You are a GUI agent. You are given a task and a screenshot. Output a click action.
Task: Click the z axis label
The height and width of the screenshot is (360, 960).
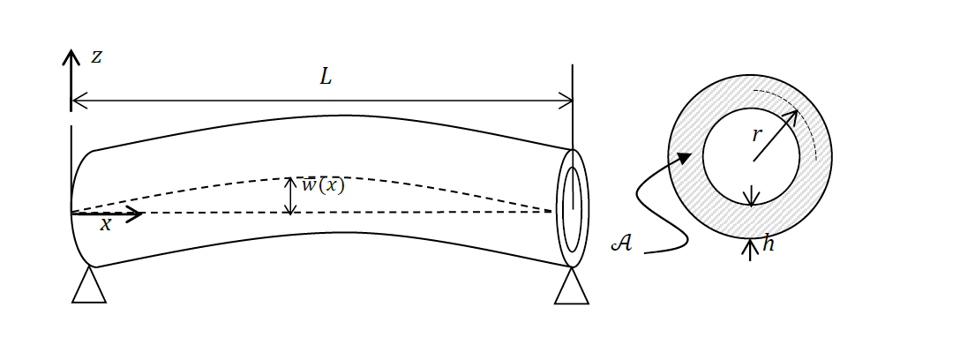(x=96, y=57)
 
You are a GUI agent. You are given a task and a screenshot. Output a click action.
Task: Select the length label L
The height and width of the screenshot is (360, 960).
(x=326, y=78)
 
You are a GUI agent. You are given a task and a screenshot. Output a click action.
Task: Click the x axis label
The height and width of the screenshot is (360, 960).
(x=106, y=225)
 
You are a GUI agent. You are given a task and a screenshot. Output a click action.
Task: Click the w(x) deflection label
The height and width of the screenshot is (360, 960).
(x=323, y=185)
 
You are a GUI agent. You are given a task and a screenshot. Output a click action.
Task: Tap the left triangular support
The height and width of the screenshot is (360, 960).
(x=88, y=287)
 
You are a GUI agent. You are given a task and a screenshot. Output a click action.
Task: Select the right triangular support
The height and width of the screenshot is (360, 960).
(x=572, y=289)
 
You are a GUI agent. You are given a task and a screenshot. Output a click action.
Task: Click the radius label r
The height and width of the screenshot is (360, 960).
(x=756, y=135)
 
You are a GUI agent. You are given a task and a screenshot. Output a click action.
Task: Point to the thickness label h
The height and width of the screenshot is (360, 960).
(x=768, y=244)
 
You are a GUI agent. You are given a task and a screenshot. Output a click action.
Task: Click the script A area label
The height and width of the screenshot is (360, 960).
(x=621, y=243)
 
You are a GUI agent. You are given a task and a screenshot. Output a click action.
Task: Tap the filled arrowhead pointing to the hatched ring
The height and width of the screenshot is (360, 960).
(x=683, y=158)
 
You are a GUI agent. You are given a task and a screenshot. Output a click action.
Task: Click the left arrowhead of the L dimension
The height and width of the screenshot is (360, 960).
(x=77, y=101)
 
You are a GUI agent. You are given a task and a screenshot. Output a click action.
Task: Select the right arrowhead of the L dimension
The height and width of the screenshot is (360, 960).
(x=567, y=101)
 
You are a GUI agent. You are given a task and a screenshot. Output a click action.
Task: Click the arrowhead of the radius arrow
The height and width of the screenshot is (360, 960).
(x=791, y=116)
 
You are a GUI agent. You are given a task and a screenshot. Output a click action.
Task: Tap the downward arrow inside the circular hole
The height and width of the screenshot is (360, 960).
(x=751, y=196)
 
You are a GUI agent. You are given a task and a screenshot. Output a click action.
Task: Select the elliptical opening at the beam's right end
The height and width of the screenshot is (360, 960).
(x=573, y=209)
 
